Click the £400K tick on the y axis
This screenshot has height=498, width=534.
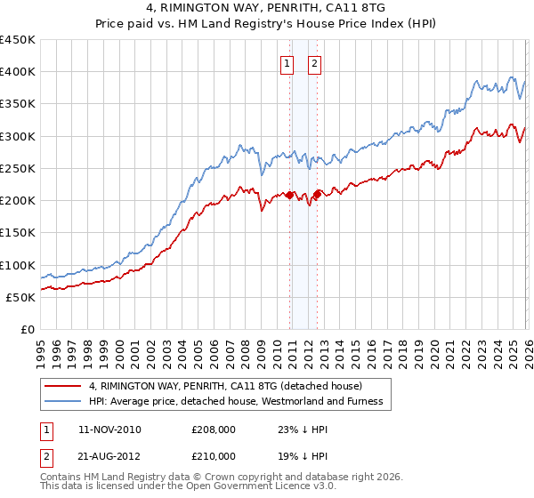(x=18, y=72)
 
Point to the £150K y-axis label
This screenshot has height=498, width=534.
(x=18, y=233)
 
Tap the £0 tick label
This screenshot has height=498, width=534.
(x=28, y=330)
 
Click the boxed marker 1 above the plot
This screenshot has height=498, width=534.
(x=287, y=63)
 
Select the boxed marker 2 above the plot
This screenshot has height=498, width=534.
(x=316, y=63)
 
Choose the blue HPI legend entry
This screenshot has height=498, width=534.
(x=235, y=401)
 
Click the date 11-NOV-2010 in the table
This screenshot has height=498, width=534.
(x=109, y=430)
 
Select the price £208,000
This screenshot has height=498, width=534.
(x=214, y=430)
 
